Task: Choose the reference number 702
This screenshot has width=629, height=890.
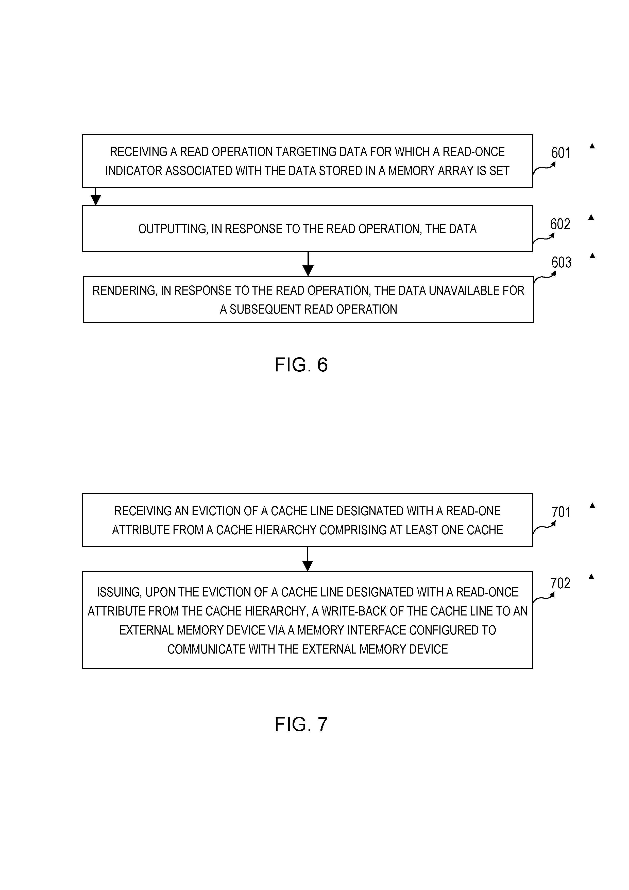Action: (560, 583)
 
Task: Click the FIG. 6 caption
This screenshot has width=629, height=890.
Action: (301, 365)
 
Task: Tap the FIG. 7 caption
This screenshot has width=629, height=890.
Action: (301, 724)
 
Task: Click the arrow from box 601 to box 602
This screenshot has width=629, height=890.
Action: (95, 196)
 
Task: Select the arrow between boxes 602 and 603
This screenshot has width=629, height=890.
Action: (308, 264)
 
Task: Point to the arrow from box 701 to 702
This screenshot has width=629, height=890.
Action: (307, 559)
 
